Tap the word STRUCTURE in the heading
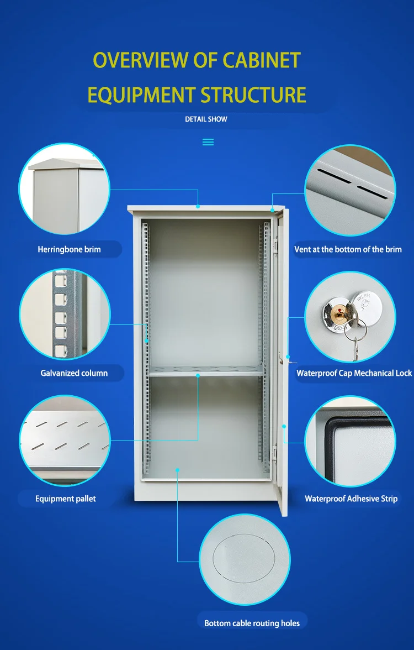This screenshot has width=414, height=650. (253, 95)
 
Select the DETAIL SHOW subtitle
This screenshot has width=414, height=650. (206, 119)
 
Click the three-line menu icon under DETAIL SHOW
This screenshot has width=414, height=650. (208, 142)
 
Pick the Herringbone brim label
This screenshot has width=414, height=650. (69, 249)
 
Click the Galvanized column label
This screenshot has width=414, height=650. (74, 373)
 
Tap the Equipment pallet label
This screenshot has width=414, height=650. (65, 499)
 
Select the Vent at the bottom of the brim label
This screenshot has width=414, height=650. (348, 249)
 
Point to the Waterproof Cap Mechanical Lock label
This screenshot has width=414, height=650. (354, 373)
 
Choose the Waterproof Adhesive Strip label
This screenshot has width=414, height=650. (351, 499)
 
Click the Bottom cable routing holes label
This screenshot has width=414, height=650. (252, 623)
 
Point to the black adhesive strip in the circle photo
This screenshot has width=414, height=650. (326, 437)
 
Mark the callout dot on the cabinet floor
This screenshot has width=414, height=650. (178, 470)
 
